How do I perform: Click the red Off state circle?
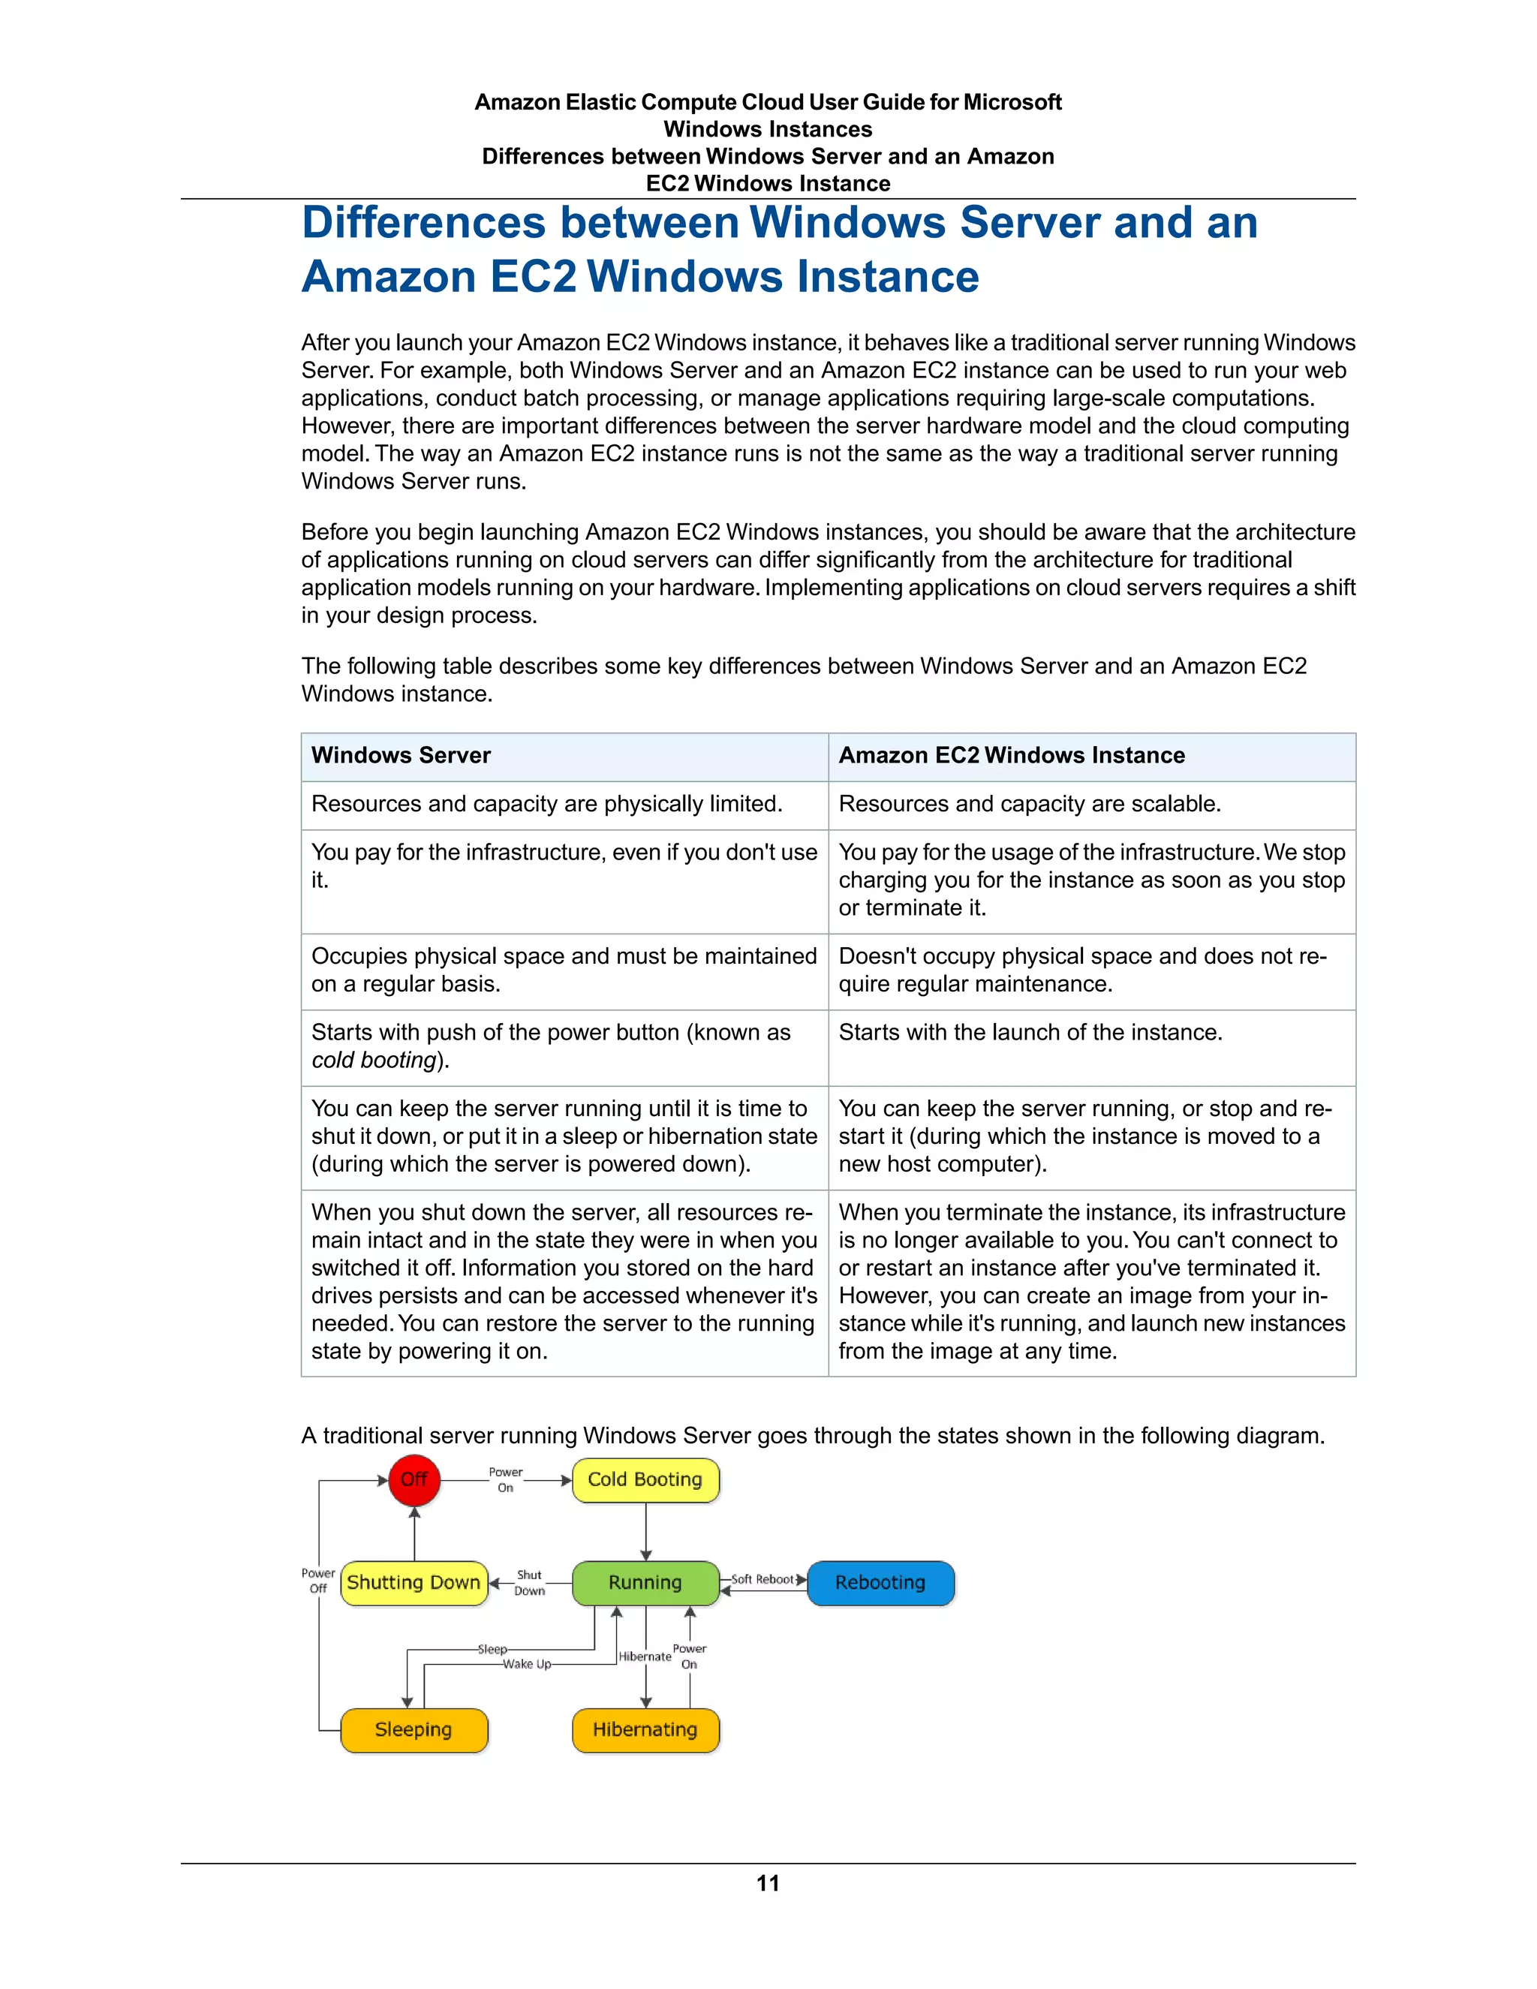pos(414,1480)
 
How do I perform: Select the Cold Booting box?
pos(645,1480)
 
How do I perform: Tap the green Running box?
pos(645,1583)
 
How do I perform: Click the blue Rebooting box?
pos(880,1583)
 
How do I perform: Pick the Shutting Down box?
pos(414,1583)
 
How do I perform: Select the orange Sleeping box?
pos(414,1729)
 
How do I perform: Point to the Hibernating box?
pos(645,1729)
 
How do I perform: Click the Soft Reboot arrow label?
pos(763,1579)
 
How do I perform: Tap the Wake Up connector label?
pos(526,1664)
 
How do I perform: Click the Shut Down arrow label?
pos(529,1583)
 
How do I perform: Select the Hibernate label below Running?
pos(645,1656)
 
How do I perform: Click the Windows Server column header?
pos(401,755)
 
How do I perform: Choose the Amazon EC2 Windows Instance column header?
pos(1012,755)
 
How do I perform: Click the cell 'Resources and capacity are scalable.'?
pos(1030,804)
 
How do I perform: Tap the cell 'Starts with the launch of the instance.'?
pos(1030,1033)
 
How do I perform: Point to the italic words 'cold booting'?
pos(373,1060)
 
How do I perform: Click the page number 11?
pos(768,1883)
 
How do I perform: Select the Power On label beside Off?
pos(505,1480)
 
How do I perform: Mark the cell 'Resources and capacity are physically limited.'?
pos(546,804)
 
